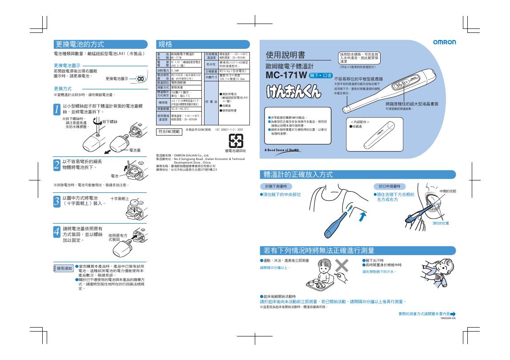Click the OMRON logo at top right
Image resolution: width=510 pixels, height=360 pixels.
tap(444, 42)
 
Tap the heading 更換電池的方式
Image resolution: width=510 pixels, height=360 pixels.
tap(80, 44)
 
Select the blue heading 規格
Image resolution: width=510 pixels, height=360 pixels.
tap(165, 44)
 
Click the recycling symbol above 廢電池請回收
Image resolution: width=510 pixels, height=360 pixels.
tap(235, 141)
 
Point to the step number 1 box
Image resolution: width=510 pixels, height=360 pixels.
tap(56, 109)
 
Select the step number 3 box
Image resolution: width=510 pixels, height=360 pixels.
tap(56, 201)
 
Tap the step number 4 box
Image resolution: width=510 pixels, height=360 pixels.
tap(56, 231)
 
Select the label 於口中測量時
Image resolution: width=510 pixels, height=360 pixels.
tap(389, 186)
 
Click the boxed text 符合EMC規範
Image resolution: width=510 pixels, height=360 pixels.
tap(169, 132)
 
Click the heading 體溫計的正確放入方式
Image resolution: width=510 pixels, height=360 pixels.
tap(298, 174)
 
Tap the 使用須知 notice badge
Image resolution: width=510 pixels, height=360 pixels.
tap(63, 268)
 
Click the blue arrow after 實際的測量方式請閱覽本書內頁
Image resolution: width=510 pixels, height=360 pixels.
tap(453, 314)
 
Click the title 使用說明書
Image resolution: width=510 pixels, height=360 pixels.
tap(285, 55)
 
